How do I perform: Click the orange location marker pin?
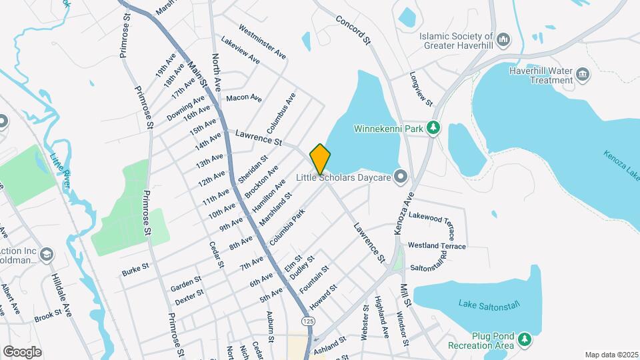320,159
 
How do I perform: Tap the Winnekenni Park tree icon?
435,127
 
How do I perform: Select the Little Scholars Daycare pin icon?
401,177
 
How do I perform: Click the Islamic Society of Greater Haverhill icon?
504,41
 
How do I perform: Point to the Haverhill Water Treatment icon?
583,75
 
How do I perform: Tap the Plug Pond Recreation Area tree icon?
525,340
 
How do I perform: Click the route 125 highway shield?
307,321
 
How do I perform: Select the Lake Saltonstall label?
488,304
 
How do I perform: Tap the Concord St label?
353,31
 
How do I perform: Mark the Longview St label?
421,89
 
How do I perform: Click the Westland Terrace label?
437,246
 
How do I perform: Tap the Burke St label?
135,272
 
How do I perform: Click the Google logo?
22,352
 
